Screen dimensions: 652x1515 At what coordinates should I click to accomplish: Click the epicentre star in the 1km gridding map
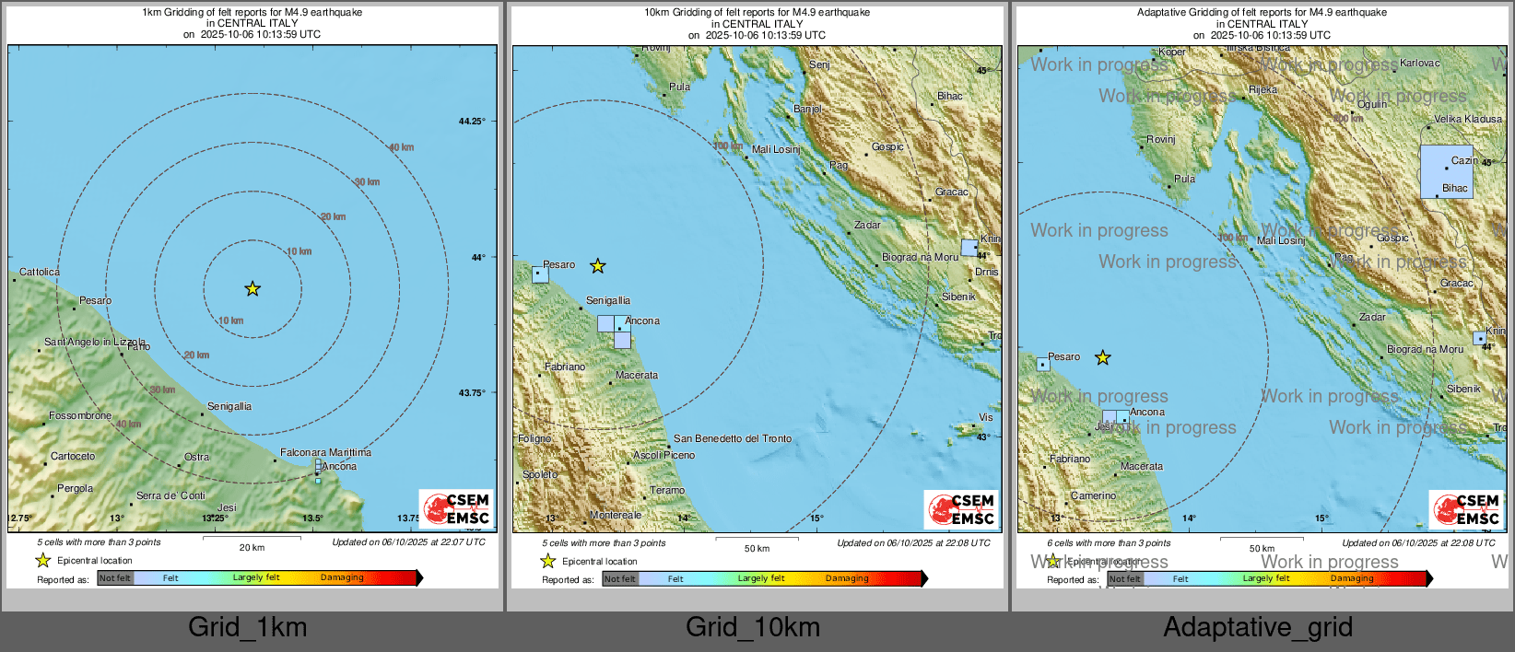(x=252, y=289)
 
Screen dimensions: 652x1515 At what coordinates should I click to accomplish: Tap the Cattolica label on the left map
(x=40, y=272)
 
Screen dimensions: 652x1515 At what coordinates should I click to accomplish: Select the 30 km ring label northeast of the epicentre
(x=367, y=182)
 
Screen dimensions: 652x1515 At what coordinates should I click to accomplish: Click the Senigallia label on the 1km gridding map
(x=229, y=406)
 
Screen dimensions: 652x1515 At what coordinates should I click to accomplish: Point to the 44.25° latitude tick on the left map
(x=472, y=122)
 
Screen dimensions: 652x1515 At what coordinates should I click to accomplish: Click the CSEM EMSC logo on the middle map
(x=962, y=509)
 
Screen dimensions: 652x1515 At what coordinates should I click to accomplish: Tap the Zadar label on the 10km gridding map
(x=867, y=225)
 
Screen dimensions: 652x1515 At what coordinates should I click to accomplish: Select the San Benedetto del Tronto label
(x=733, y=438)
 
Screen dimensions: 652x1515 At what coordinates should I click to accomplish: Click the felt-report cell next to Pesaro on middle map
(x=540, y=274)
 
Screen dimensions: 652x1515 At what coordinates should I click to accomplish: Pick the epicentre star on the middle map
(x=598, y=266)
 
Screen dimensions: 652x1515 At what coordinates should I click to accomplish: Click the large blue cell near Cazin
(x=1446, y=171)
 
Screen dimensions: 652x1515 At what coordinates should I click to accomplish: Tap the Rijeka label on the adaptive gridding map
(x=1263, y=89)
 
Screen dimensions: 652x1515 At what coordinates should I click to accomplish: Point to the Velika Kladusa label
(x=1468, y=119)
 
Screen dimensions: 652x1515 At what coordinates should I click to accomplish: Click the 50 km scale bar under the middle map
(x=757, y=539)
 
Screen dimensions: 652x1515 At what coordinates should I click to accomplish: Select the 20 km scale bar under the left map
(x=252, y=538)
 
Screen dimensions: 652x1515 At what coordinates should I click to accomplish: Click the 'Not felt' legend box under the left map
(x=115, y=578)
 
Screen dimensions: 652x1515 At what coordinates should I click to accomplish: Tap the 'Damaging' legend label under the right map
(x=1352, y=579)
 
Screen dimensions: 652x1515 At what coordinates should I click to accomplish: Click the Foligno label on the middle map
(x=534, y=439)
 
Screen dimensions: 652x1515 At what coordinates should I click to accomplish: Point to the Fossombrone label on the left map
(x=80, y=416)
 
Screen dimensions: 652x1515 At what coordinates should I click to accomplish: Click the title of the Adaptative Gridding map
(x=1262, y=13)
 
